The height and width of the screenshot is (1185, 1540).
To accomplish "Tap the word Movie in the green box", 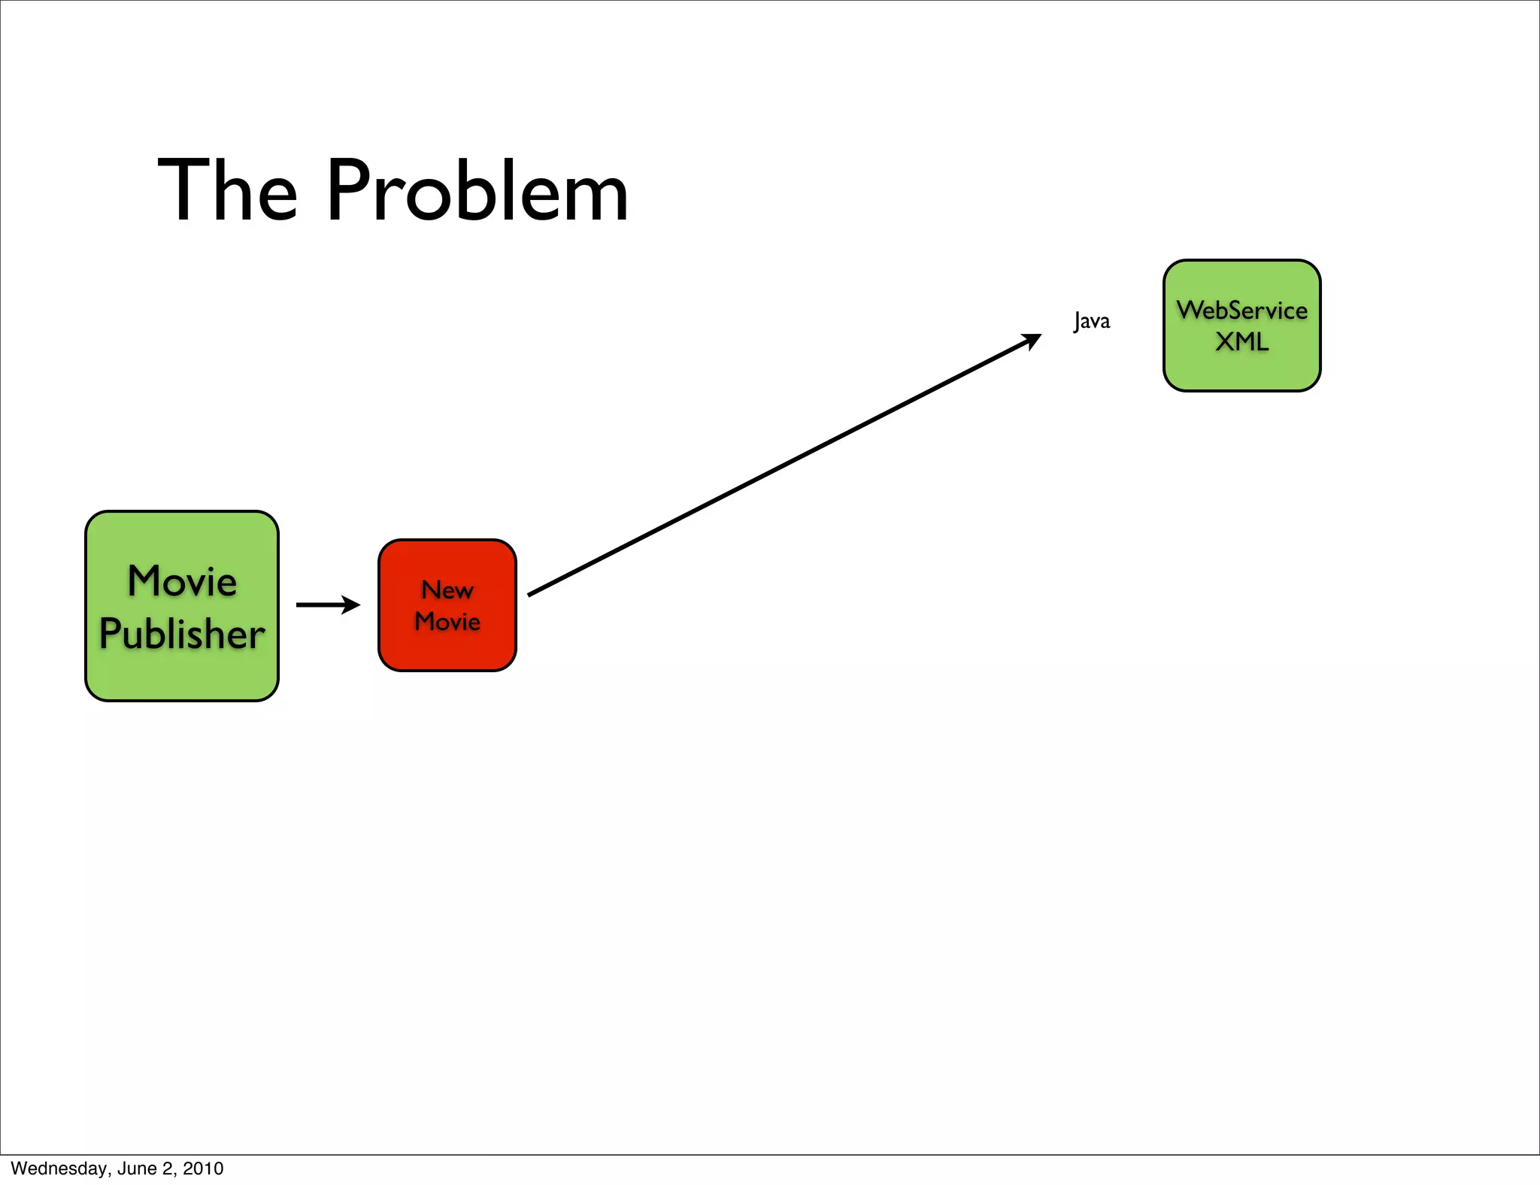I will click(182, 581).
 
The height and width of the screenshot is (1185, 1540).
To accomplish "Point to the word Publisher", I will click(182, 634).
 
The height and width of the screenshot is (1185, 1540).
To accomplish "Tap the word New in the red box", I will click(447, 590).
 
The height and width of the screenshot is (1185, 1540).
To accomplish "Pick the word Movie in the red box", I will click(447, 622).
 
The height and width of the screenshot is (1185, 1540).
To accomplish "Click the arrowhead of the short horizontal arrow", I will click(351, 605).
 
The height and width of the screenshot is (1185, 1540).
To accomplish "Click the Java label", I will click(1092, 321).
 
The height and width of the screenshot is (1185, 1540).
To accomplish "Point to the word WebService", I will click(1242, 310).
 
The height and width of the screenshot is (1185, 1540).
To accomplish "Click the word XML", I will click(1242, 342).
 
